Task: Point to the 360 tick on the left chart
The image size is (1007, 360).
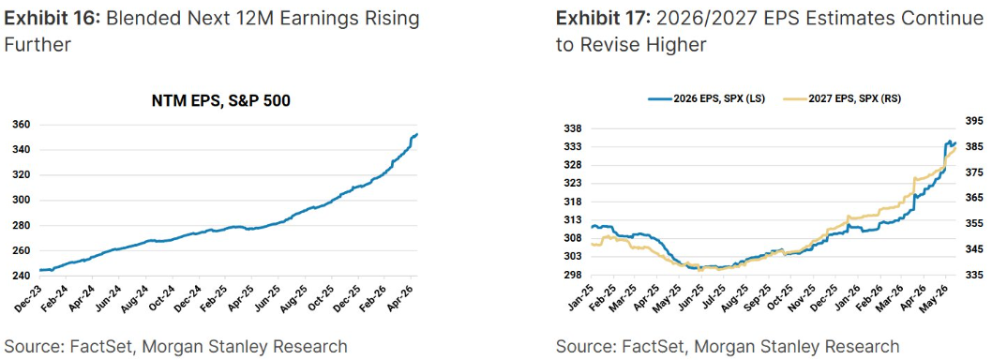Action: [x=22, y=125]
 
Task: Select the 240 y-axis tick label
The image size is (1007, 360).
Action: [x=22, y=276]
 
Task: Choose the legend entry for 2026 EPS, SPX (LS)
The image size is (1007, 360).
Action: [x=706, y=98]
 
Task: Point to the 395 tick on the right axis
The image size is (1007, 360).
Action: [x=974, y=121]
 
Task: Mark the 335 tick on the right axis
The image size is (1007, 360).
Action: [x=974, y=275]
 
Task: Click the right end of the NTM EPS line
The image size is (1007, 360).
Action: [x=417, y=134]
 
